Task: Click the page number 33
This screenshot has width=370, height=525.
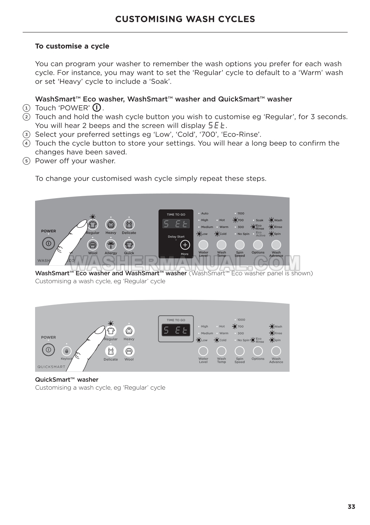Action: [x=351, y=507]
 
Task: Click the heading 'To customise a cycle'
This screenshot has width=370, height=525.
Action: [x=72, y=46]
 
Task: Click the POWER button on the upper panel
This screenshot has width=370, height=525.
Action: [x=48, y=244]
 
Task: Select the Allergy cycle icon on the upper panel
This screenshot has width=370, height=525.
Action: [x=111, y=245]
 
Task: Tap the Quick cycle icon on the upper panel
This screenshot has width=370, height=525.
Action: [x=129, y=245]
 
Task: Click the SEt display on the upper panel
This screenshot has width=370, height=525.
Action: [x=176, y=224]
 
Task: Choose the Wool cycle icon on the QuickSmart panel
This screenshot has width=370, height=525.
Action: [x=129, y=351]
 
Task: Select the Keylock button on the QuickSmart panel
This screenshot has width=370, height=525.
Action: [x=67, y=351]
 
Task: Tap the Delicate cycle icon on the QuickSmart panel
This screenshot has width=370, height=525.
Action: [x=111, y=351]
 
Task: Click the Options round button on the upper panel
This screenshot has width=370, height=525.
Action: [x=257, y=245]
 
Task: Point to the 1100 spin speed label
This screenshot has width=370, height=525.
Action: [x=241, y=213]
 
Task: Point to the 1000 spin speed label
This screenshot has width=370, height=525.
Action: [x=241, y=320]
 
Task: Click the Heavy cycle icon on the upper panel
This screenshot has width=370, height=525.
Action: [x=111, y=225]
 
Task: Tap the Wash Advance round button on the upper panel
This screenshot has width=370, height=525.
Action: [x=276, y=245]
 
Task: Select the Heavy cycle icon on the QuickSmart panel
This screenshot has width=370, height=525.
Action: [x=129, y=330]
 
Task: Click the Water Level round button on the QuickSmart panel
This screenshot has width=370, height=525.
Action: [x=203, y=351]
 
